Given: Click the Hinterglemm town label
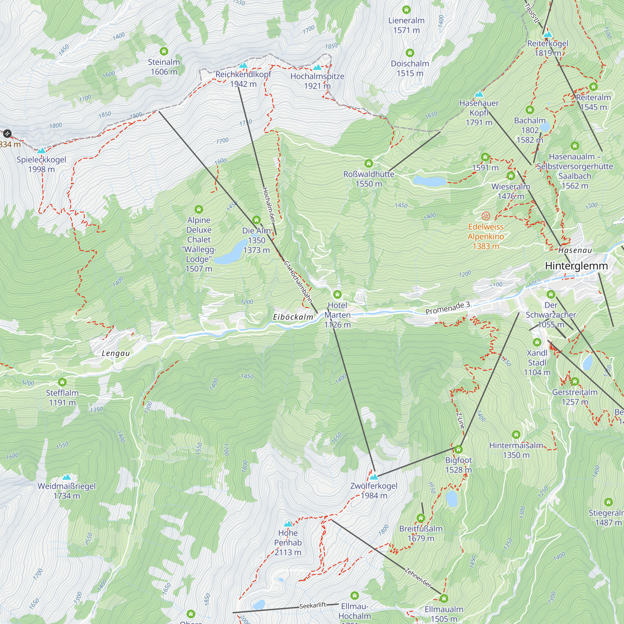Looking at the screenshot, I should point(576,266).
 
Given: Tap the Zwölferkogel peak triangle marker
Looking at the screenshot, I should point(374,477).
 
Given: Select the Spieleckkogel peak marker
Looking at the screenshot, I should point(41,150).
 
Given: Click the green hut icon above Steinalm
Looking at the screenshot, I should point(164,51).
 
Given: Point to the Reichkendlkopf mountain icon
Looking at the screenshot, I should point(243,66).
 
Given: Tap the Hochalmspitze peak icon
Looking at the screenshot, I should point(317,67).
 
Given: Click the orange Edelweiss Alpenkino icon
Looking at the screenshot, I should point(486,216).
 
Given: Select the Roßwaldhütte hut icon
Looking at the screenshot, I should point(368,163).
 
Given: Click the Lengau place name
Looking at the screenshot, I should point(116,353).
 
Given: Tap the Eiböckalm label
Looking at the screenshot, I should point(293,317).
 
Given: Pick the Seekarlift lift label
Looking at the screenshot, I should point(312,606).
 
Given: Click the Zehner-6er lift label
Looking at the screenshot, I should point(418,578).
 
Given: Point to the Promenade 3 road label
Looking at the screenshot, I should point(447,308).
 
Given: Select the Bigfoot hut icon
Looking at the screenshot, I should point(458,449).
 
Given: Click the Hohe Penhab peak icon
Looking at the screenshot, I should point(288,524).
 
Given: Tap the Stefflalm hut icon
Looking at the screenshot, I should point(62,383).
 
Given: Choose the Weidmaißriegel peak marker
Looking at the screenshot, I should point(66,477).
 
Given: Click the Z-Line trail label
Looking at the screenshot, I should point(460,420).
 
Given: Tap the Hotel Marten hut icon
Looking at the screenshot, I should point(337,294).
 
